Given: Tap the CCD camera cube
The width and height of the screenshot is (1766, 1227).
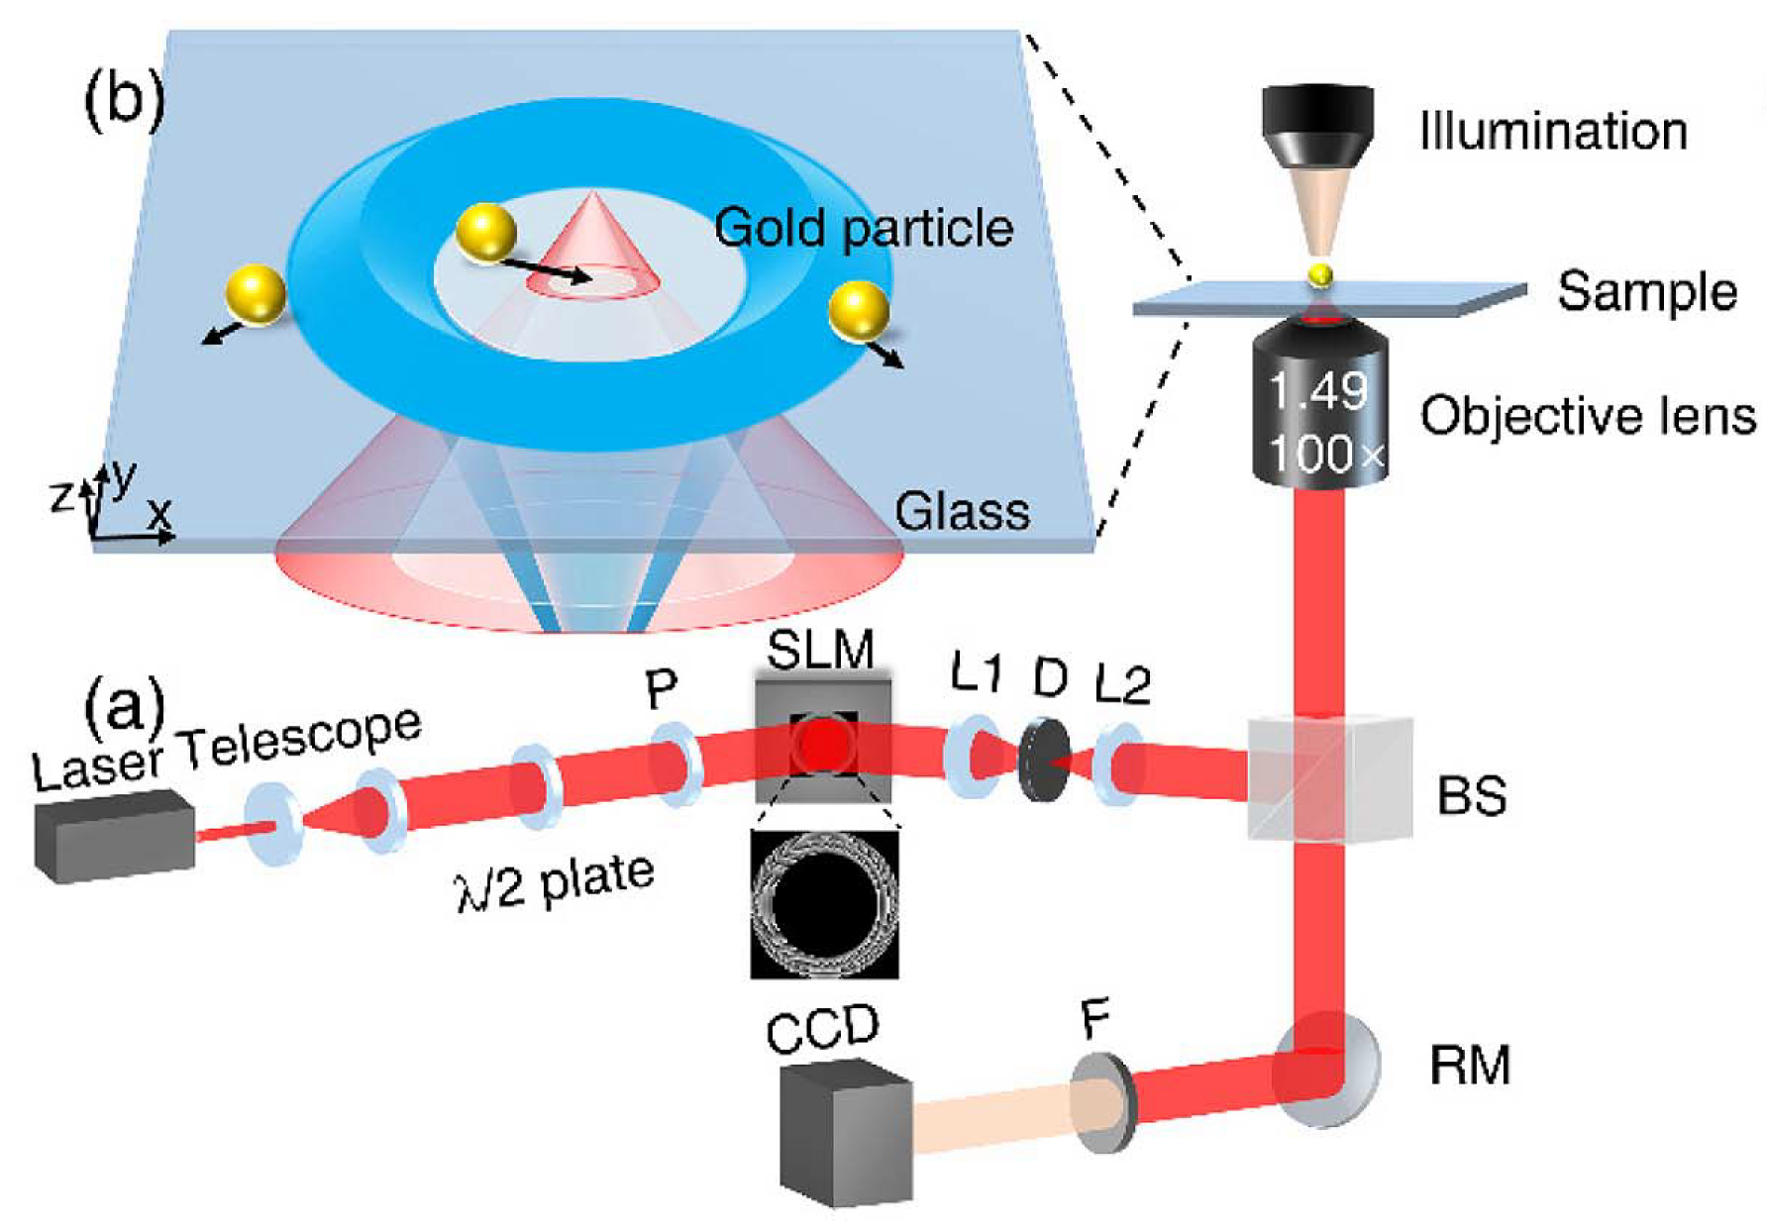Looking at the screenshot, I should pyautogui.click(x=844, y=1134).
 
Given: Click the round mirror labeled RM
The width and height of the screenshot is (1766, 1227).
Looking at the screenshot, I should pyautogui.click(x=1327, y=1070).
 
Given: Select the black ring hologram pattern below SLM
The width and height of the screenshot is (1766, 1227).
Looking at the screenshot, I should pyautogui.click(x=824, y=904).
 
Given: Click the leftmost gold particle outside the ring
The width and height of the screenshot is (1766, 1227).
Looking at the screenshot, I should pyautogui.click(x=256, y=294).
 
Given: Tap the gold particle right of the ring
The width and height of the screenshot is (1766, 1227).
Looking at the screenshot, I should pyautogui.click(x=858, y=310).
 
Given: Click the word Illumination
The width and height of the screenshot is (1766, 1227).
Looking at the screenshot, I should pyautogui.click(x=1552, y=132).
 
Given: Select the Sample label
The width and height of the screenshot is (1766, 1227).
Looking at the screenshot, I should pyautogui.click(x=1646, y=292).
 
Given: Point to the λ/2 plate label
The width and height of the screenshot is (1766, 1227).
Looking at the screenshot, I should pyautogui.click(x=555, y=881).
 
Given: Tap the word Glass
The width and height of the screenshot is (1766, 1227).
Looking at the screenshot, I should pyautogui.click(x=962, y=512).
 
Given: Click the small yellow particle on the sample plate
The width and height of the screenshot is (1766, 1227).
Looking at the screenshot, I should pyautogui.click(x=1319, y=275).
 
